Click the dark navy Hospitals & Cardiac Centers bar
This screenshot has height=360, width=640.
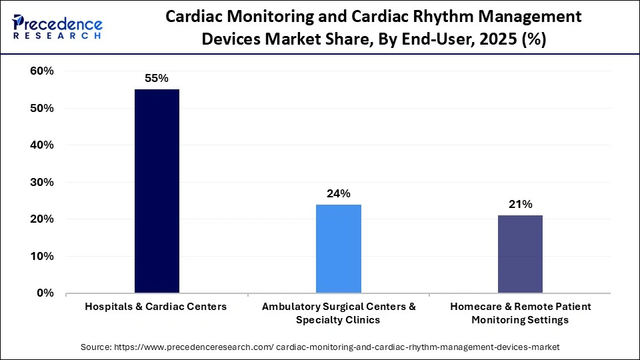pos(157,191)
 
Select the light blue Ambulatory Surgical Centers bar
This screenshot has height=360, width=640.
pos(338,248)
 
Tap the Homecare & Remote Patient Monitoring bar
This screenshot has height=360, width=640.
pos(520,253)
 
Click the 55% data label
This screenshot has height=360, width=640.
pos(157,78)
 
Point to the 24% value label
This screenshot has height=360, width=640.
pos(338,193)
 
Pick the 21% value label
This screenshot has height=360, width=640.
pos(520,205)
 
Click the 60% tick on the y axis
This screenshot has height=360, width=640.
pos(42,71)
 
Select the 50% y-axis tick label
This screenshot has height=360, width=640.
pos(42,108)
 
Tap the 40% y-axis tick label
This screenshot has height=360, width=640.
pos(42,145)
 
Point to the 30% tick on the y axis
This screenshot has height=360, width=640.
pos(42,182)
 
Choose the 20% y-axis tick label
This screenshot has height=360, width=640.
pos(42,219)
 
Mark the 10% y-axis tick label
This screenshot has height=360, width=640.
pos(42,256)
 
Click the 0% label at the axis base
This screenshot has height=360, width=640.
pos(45,293)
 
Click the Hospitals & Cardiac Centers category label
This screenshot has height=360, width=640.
pos(156,307)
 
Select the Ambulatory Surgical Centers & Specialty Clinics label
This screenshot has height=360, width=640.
pos(338,313)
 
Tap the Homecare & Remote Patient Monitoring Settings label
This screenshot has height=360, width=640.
pos(520,313)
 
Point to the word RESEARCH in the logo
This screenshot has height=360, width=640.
pos(57,35)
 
